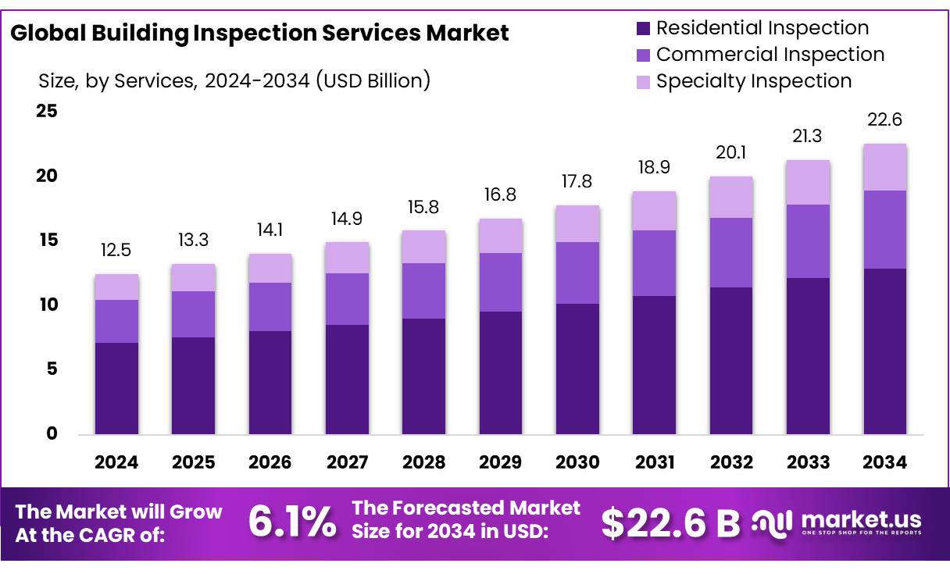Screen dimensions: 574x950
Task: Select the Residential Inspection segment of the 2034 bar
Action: tap(884, 351)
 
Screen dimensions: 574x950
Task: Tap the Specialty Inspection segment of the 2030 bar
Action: tap(577, 224)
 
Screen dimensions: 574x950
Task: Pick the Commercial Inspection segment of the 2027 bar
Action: tap(347, 299)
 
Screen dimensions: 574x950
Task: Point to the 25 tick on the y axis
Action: tap(47, 111)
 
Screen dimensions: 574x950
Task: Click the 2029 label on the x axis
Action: tap(501, 462)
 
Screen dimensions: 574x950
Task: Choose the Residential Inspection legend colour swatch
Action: tap(643, 29)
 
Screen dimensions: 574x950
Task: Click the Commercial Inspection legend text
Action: tap(770, 55)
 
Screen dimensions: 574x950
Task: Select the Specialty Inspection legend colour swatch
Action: tap(643, 82)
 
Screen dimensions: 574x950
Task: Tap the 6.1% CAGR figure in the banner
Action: tap(292, 522)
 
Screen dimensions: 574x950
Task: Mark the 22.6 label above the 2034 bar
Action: tap(884, 120)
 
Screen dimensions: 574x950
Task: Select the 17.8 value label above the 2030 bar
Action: tap(577, 182)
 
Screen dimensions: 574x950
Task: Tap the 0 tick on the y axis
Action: tap(52, 434)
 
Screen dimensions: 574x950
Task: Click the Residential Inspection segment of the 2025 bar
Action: tap(193, 386)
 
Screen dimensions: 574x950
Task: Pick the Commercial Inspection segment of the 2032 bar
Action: tap(731, 252)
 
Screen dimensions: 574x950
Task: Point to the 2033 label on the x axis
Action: tap(808, 462)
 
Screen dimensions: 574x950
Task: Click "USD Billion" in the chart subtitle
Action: tap(372, 80)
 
